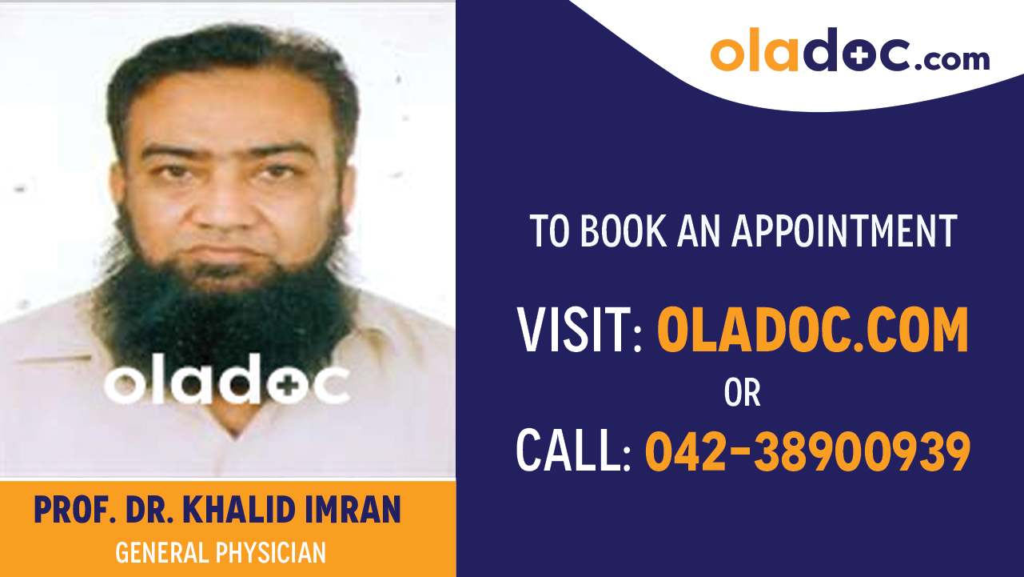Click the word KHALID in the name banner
click(239, 510)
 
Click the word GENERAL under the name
click(162, 552)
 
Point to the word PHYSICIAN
click(271, 552)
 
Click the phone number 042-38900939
click(808, 451)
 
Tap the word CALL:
click(574, 451)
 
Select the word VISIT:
click(580, 330)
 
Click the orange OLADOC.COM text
click(813, 330)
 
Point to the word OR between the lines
click(743, 392)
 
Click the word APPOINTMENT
click(845, 231)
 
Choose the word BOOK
click(623, 231)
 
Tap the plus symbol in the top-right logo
click(860, 56)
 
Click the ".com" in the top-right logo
click(952, 60)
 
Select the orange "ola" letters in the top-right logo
click(755, 50)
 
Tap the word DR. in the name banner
click(149, 510)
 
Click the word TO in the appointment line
click(550, 231)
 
